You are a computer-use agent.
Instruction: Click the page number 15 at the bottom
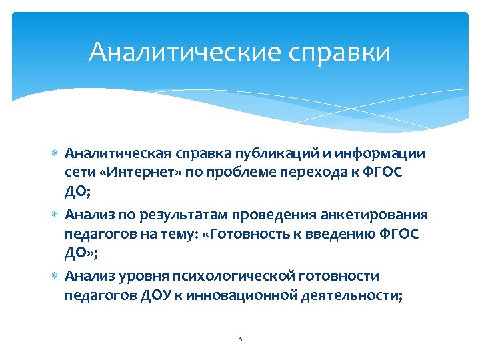coord(240,339)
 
